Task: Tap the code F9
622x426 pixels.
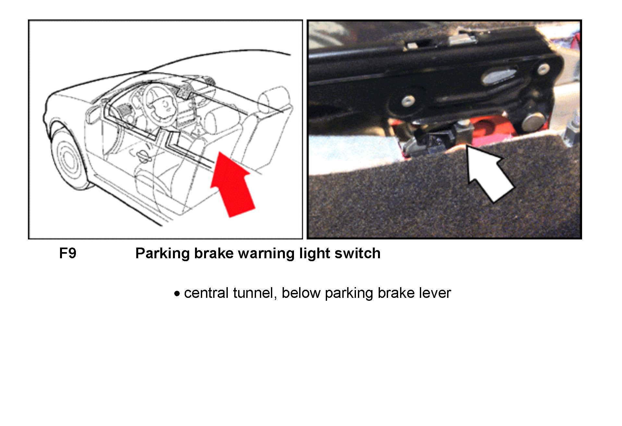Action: coord(68,253)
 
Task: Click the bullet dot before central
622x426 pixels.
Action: coord(177,294)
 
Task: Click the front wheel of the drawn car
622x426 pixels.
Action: coord(69,159)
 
